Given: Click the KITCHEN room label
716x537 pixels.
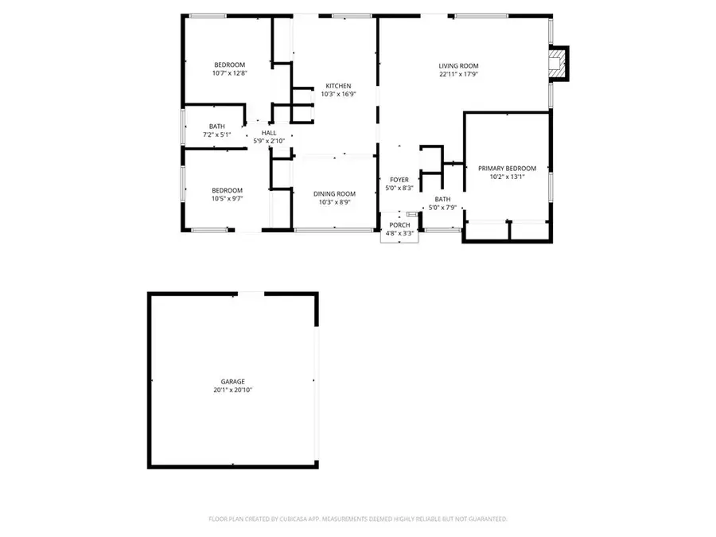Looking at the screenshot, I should click(x=337, y=86).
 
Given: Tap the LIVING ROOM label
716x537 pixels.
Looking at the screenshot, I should click(x=458, y=66).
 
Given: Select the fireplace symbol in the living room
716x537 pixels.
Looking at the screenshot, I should click(x=562, y=64).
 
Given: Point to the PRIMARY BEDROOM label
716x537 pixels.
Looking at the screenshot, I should click(x=507, y=169).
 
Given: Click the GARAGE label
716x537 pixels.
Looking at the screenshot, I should click(x=233, y=382).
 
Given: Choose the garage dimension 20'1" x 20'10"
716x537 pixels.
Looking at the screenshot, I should click(x=233, y=391).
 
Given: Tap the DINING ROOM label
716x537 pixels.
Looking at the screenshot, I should click(x=334, y=194).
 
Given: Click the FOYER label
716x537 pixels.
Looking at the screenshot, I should click(x=399, y=180).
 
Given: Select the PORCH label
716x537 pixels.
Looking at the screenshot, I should click(x=399, y=225).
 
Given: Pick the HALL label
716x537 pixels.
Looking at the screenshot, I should click(x=269, y=133).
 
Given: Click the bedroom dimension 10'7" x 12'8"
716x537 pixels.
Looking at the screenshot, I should click(x=229, y=73).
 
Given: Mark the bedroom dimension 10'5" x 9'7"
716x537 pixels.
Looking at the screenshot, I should click(x=227, y=199).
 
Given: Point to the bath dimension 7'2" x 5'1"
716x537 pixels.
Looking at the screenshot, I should click(x=216, y=134).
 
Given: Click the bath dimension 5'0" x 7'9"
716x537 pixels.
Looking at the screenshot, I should click(x=442, y=208).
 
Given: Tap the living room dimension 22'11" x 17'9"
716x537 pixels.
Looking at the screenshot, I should click(x=458, y=75).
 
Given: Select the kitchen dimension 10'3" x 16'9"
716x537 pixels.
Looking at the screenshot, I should click(x=337, y=94).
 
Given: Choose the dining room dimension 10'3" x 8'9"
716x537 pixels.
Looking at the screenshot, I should click(x=334, y=203).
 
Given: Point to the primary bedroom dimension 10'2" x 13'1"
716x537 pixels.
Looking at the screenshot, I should click(x=507, y=177).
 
